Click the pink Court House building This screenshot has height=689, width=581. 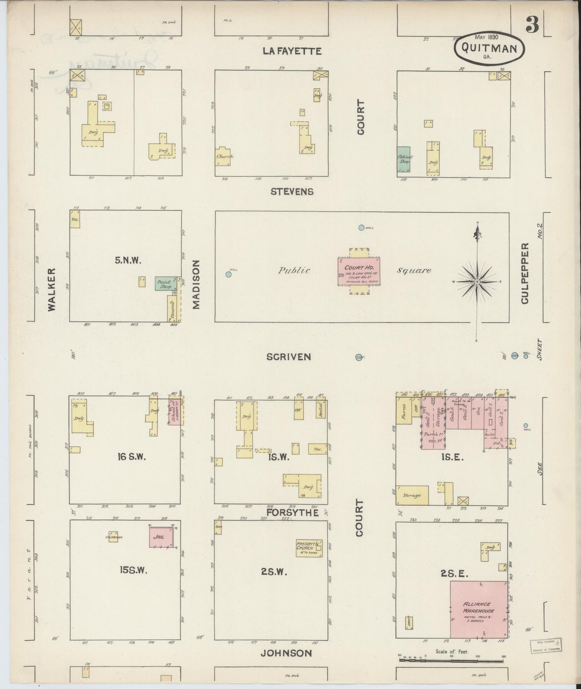[359, 271]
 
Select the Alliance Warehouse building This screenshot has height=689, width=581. [478, 609]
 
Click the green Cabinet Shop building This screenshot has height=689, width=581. [404, 160]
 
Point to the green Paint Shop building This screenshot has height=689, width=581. [165, 284]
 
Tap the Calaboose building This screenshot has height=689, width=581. [113, 537]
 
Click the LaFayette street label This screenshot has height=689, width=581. [292, 51]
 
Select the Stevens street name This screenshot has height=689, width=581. [292, 192]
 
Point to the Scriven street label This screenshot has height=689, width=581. [289, 357]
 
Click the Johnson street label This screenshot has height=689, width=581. [286, 653]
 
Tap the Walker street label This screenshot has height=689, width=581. [51, 289]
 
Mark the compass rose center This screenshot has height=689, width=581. [477, 282]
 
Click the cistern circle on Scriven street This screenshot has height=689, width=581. [359, 357]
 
